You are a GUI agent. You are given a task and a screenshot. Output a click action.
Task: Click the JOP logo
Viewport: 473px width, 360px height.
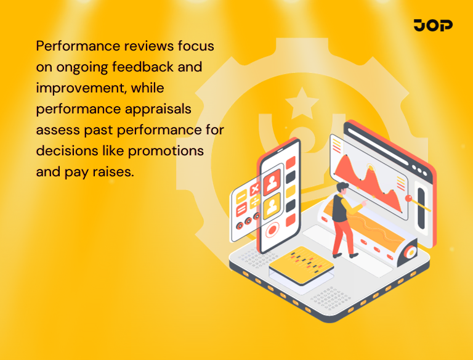[433, 25]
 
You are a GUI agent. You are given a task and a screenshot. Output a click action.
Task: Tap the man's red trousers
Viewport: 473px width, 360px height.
[341, 235]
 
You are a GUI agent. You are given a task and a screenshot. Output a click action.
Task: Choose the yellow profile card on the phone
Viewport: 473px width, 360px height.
[272, 205]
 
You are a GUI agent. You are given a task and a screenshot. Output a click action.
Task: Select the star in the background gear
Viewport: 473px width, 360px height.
[302, 102]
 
